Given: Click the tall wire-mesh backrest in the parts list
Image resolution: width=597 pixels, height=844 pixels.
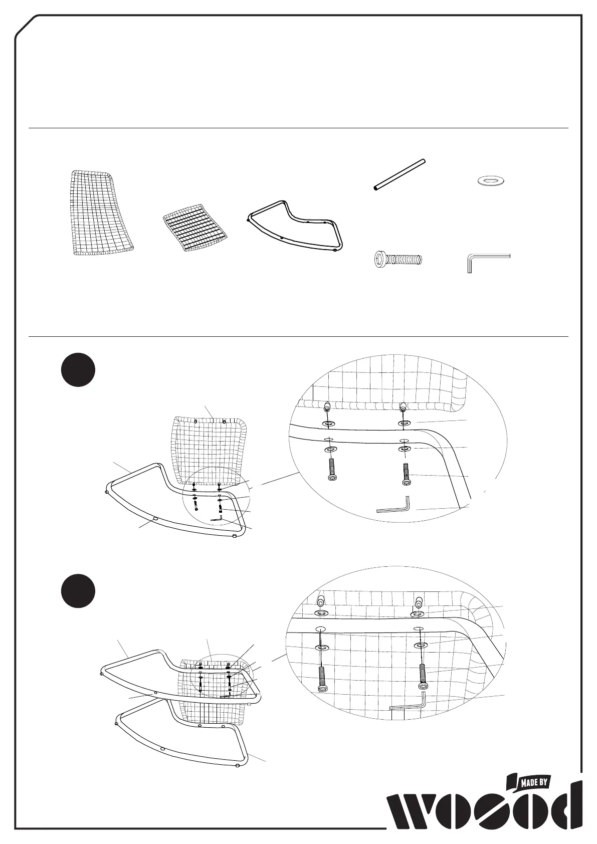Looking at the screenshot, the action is pyautogui.click(x=100, y=213).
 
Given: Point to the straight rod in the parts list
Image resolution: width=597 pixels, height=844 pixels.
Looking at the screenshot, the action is pyautogui.click(x=400, y=174).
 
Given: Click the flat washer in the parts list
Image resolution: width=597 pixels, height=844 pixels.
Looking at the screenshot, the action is pyautogui.click(x=492, y=180).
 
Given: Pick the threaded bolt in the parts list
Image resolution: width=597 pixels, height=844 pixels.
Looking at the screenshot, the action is pyautogui.click(x=399, y=260).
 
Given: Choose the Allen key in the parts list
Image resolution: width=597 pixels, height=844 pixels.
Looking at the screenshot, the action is pyautogui.click(x=486, y=261).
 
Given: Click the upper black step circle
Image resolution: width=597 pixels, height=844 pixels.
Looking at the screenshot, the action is pyautogui.click(x=78, y=371).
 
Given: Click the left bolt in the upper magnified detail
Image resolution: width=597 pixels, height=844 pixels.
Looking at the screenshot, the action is pyautogui.click(x=331, y=472).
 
